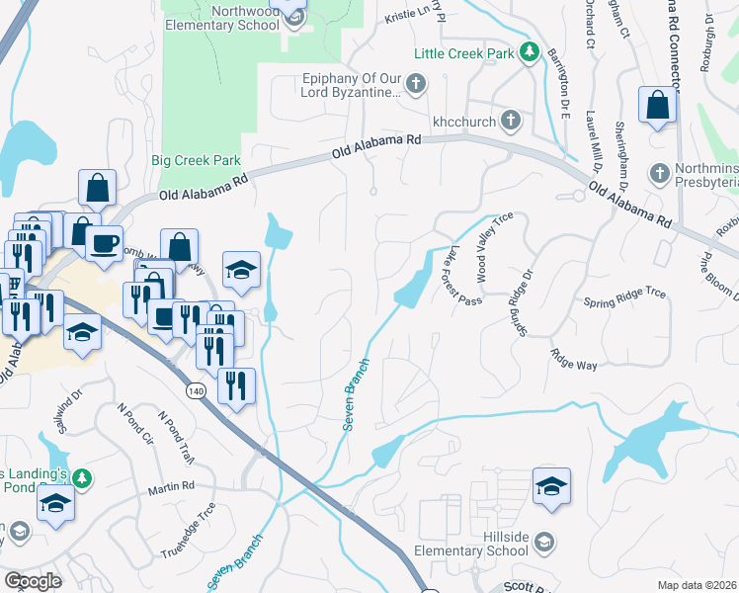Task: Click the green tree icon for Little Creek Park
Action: coord(529,52)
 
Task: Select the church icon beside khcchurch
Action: coord(510,120)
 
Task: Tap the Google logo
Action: coord(33,580)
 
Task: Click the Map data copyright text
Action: coord(697,585)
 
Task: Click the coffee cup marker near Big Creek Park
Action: coord(104,243)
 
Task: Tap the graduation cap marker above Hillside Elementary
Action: coord(551,487)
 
